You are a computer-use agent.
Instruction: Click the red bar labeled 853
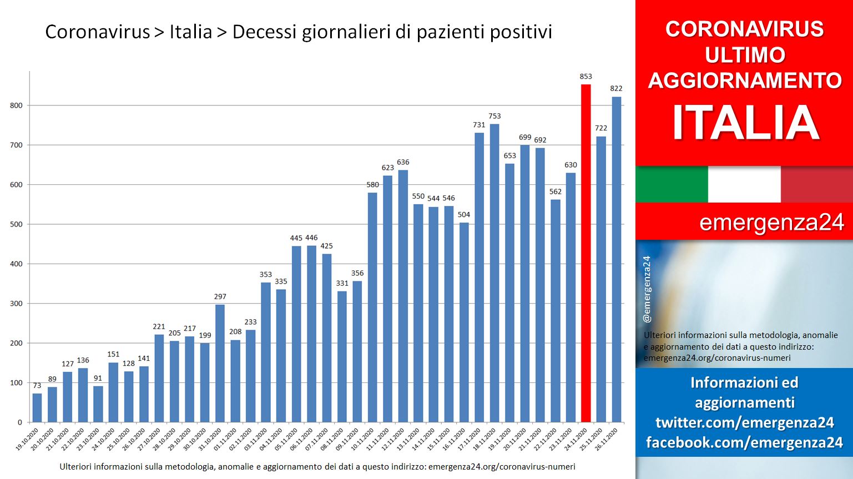tap(586, 253)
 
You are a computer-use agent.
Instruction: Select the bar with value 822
tap(617, 259)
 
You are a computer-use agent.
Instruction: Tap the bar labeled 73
tap(37, 408)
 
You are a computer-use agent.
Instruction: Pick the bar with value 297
tap(220, 363)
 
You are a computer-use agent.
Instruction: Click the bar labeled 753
tap(494, 273)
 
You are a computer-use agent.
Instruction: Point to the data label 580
tap(372, 185)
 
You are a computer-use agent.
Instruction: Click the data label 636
tap(403, 162)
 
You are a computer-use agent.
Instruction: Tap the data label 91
tap(98, 378)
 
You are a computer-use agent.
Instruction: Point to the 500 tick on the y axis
tap(17, 224)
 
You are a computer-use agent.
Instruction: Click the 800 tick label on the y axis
tap(17, 105)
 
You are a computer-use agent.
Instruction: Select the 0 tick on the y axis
tap(20, 422)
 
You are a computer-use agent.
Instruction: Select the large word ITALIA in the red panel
tap(746, 123)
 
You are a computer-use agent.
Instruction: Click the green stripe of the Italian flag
tap(672, 184)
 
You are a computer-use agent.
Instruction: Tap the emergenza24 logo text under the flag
tap(771, 223)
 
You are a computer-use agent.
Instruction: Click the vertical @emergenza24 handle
tap(647, 289)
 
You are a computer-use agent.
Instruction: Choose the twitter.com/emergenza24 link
tap(745, 422)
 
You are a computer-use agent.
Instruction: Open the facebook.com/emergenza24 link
tap(744, 442)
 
